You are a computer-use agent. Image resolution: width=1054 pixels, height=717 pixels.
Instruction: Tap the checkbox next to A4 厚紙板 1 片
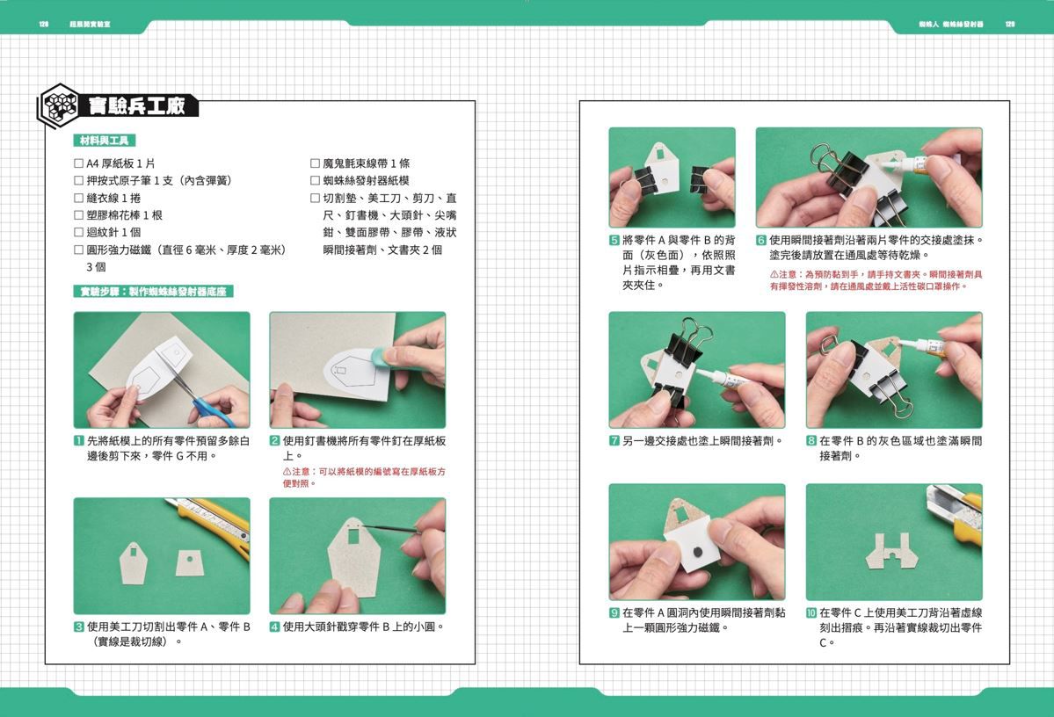79,163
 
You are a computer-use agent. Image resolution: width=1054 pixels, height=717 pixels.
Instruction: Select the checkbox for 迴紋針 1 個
79,233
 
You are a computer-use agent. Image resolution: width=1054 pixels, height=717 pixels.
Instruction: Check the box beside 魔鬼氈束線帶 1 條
315,163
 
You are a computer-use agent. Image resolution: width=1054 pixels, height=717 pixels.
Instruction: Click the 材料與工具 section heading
104,141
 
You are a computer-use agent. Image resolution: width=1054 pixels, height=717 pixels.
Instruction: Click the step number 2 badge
275,441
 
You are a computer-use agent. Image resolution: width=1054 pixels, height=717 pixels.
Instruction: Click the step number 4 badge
275,626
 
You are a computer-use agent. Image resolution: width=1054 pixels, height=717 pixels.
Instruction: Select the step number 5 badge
614,240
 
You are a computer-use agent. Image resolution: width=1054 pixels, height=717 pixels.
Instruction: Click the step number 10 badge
811,612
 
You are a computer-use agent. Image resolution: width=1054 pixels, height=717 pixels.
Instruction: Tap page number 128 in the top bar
43,25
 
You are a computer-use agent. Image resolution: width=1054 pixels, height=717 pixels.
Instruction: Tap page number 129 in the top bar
1010,25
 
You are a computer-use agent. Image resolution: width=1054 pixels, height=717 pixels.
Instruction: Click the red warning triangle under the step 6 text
774,274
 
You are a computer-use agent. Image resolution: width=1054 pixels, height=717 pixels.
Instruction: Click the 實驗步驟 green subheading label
153,292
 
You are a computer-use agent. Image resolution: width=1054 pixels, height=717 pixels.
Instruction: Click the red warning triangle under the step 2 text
287,472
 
